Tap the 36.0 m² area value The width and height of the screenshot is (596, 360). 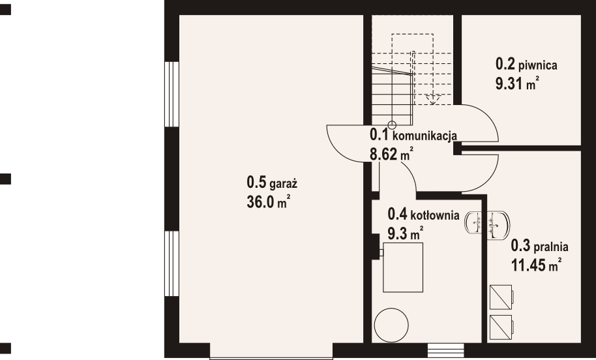(268, 202)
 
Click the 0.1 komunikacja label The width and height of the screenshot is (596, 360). (413, 136)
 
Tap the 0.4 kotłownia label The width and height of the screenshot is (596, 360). (423, 214)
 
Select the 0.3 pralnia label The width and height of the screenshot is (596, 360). (540, 247)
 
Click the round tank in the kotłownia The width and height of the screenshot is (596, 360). (393, 324)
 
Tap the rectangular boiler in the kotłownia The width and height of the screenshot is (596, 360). (405, 268)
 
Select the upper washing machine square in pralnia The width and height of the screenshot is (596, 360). (501, 297)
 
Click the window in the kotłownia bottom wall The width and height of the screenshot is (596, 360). (445, 350)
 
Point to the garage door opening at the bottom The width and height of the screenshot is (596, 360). (271, 355)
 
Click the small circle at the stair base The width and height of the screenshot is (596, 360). (392, 125)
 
